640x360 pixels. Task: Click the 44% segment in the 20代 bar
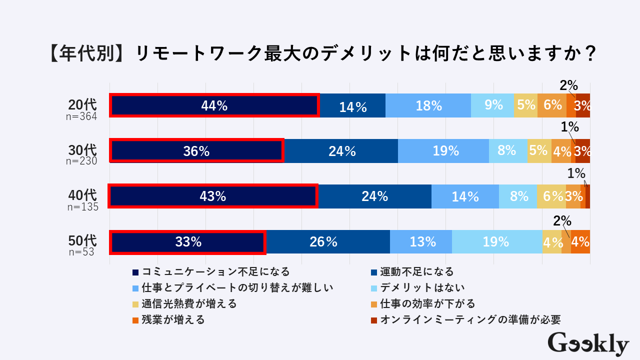[214, 105]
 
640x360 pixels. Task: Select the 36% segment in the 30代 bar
[196, 151]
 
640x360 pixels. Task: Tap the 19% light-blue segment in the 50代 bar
[496, 242]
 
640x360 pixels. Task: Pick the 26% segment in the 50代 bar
[328, 242]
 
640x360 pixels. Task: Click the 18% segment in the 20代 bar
[428, 105]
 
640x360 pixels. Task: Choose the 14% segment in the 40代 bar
[465, 196]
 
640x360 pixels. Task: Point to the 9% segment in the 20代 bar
[492, 105]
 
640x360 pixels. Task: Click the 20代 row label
[82, 105]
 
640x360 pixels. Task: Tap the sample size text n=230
[81, 161]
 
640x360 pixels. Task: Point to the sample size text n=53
[81, 252]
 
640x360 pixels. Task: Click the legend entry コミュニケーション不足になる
[215, 272]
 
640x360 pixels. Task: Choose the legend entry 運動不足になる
[416, 272]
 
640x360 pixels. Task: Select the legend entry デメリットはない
[422, 287]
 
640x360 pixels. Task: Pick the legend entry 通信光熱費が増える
[188, 303]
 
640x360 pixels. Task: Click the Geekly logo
[588, 343]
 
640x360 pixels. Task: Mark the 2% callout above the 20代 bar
[568, 85]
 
